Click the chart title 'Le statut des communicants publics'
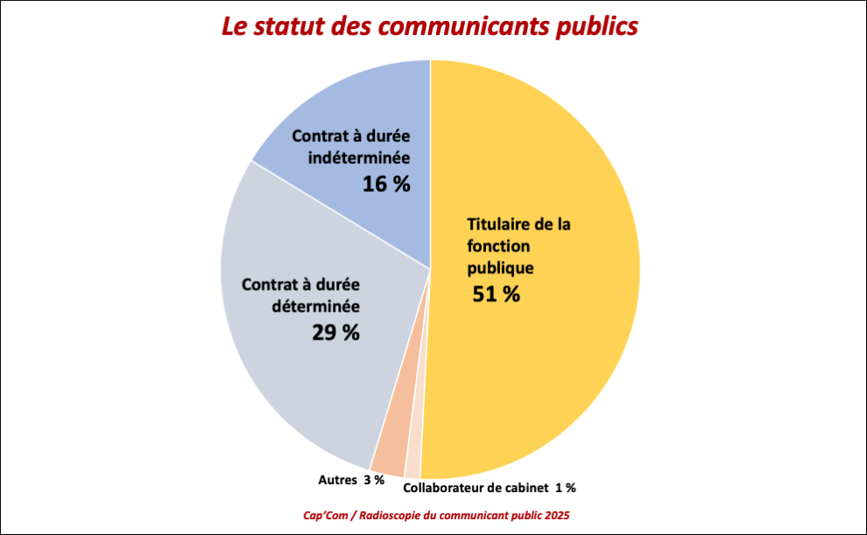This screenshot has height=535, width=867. click(x=430, y=26)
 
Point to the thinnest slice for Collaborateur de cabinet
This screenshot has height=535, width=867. click(x=413, y=467)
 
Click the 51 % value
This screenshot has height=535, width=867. click(x=497, y=294)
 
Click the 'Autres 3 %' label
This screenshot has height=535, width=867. click(x=350, y=480)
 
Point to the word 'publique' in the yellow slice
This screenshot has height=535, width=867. click(x=500, y=268)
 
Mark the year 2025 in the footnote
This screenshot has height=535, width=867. click(x=566, y=515)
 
